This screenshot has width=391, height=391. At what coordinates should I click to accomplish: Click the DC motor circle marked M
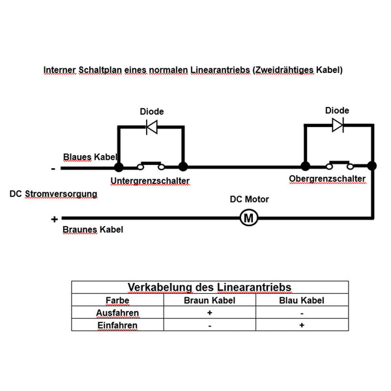coord(249,218)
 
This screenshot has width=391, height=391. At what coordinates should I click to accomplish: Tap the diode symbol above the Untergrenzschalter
coord(152,127)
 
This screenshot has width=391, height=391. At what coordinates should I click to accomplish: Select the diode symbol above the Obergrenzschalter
coord(338,125)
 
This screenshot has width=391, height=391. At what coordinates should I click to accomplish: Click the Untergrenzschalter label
coord(150,181)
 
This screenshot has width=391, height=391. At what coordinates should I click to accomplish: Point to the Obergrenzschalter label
coord(327,179)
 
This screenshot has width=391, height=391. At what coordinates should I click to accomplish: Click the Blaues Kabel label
coord(90,157)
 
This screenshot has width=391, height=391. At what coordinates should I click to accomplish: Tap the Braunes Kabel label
coord(93,229)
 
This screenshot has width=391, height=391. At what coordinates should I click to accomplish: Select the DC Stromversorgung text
coord(53,194)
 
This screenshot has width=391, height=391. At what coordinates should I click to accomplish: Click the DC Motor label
coord(250,199)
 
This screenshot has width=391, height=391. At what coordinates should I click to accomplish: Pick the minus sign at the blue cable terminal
coord(53,169)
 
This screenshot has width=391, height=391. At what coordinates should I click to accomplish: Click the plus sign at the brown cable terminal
coord(54,219)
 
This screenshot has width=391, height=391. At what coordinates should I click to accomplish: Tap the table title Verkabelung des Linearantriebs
coord(209,287)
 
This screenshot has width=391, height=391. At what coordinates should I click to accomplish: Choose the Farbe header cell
coord(117,300)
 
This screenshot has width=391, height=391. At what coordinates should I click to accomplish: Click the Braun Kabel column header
coord(209,300)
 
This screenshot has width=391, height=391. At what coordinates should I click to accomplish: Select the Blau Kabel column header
coord(302,300)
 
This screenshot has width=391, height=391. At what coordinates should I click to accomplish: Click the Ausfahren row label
coord(117,313)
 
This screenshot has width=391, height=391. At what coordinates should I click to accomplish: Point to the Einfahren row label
coord(117,325)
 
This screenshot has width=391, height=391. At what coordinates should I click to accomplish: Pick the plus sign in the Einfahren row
coord(302,325)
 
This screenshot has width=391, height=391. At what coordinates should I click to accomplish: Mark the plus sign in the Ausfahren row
coord(209,312)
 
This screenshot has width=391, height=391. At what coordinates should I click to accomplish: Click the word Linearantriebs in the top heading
coord(220,70)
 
